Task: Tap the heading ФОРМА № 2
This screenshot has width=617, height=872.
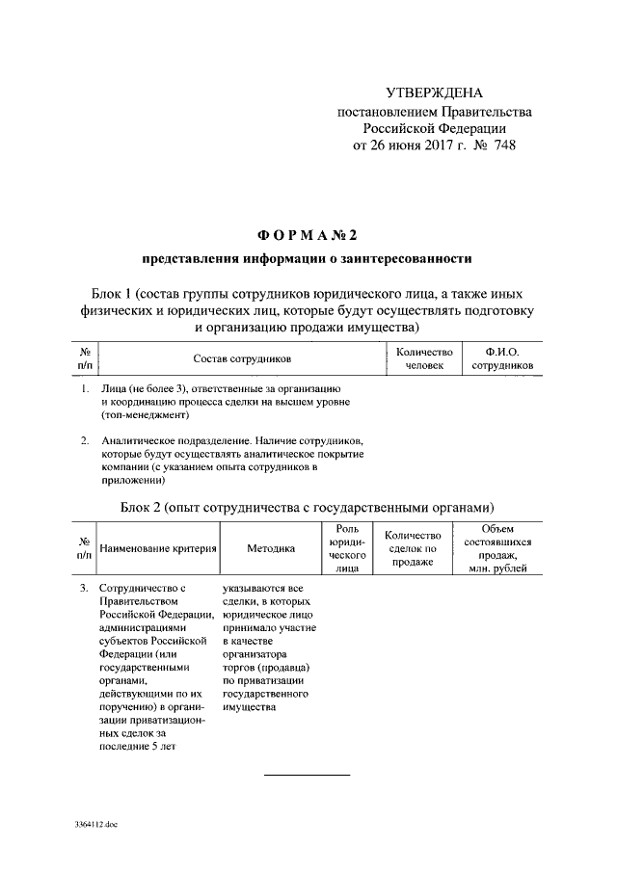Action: pyautogui.click(x=308, y=235)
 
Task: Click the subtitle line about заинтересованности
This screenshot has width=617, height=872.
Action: pyautogui.click(x=308, y=259)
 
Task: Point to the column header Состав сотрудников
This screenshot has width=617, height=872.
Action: pyautogui.click(x=241, y=359)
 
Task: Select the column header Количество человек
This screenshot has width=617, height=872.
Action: pyautogui.click(x=424, y=359)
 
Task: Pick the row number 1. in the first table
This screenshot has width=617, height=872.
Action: pyautogui.click(x=86, y=387)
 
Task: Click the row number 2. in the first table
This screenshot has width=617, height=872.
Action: pyautogui.click(x=86, y=440)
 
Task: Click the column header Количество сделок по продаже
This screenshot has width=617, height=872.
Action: pyautogui.click(x=412, y=548)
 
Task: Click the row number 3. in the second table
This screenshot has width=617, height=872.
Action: pyautogui.click(x=86, y=587)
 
